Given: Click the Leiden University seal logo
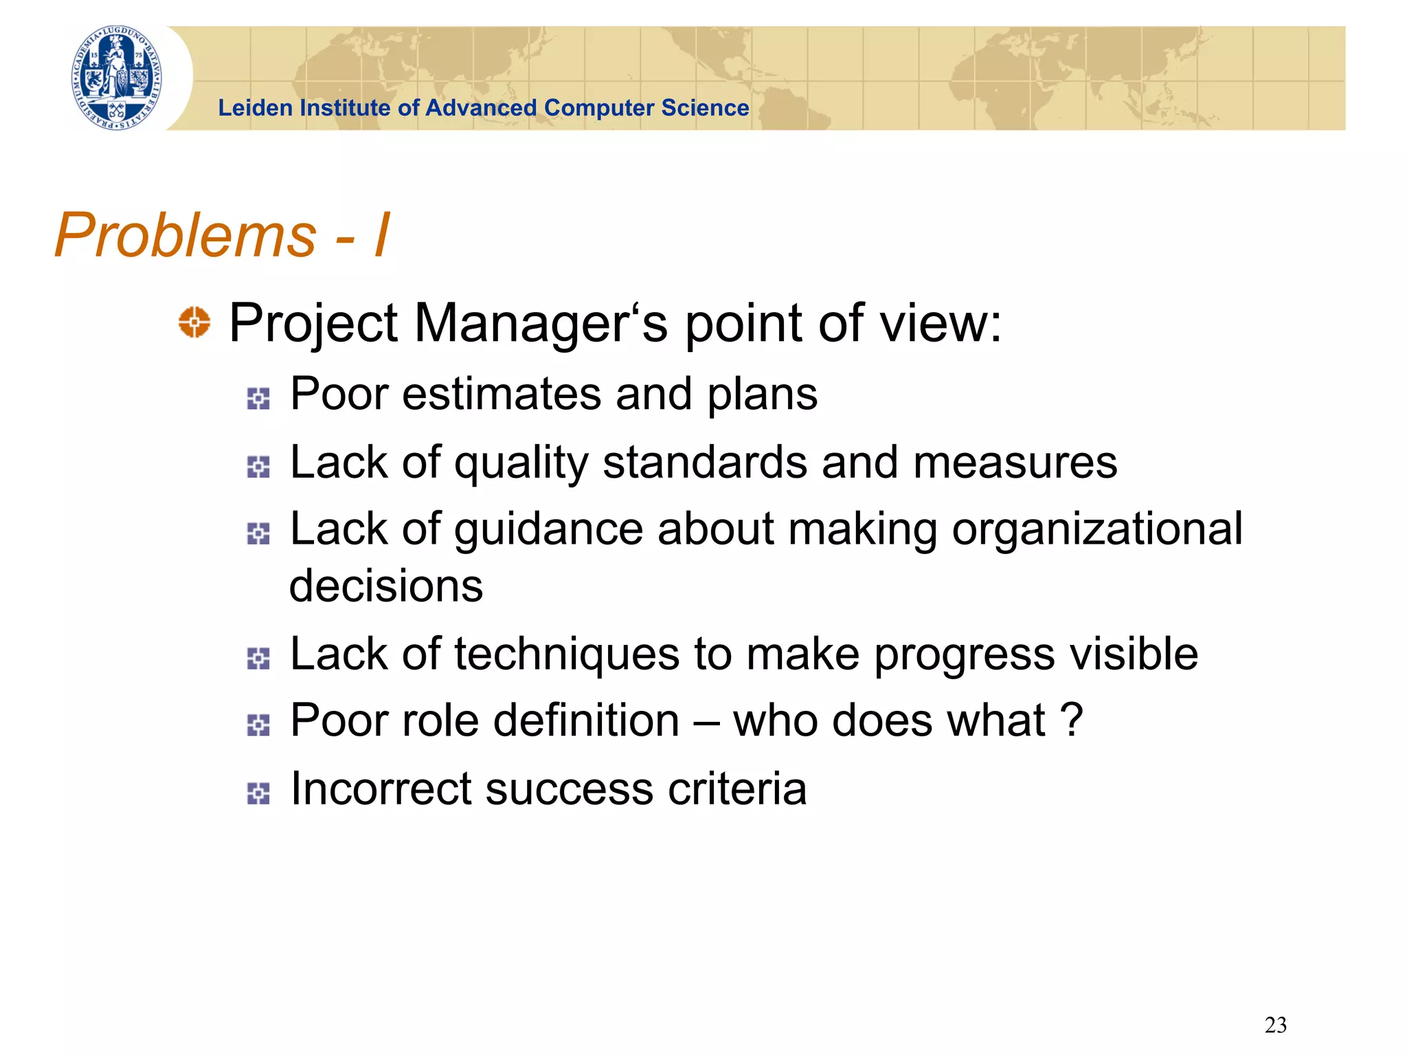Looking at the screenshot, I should tap(117, 78).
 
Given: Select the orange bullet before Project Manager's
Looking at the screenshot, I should tap(194, 322).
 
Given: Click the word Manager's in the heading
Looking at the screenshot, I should tap(541, 323).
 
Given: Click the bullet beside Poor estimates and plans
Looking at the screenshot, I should tap(258, 398).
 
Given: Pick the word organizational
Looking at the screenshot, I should tap(1097, 529).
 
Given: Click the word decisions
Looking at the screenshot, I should tap(386, 586).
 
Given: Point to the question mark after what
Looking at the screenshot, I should tap(1072, 720).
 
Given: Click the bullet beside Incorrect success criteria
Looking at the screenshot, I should tap(258, 793).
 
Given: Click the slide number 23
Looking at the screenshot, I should tap(1275, 1025).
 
